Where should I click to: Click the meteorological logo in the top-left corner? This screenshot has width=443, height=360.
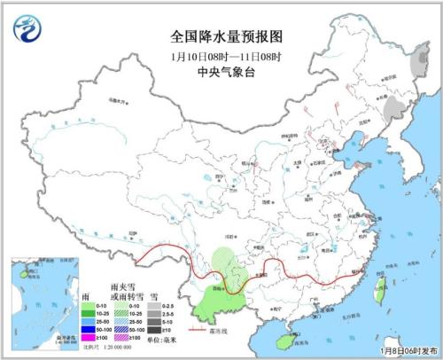[27, 28]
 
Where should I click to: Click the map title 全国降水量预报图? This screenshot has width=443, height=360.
[219, 36]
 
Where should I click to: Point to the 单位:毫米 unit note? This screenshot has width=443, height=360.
[160, 339]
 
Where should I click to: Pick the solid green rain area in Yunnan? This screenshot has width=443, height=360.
[213, 301]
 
